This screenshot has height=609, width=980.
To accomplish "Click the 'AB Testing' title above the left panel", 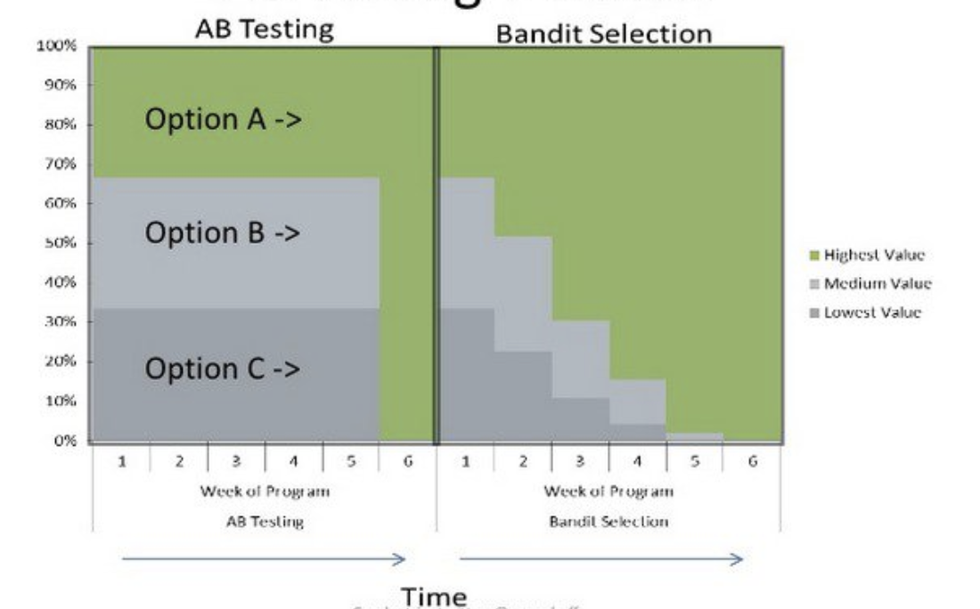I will point(265,28).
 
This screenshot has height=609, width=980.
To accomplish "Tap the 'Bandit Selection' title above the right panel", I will point(604,35).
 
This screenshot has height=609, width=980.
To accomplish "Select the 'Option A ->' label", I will point(223,120).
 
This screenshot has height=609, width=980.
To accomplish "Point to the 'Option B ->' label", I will point(223,233).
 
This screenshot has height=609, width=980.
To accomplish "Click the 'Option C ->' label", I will point(223,369).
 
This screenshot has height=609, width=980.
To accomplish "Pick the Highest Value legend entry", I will point(874,256).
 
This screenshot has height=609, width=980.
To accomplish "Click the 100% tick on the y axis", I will point(56,46).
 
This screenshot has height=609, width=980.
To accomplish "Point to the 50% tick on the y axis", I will point(61,243).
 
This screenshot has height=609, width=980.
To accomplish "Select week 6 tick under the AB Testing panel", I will point(407,461).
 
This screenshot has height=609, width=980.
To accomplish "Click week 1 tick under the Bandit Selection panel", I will point(465,461).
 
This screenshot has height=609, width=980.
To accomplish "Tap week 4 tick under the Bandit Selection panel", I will point(637,461).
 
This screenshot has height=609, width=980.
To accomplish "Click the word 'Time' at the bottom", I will point(434,596).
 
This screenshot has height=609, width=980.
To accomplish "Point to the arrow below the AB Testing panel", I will point(264,559).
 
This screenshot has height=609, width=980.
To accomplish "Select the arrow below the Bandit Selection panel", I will point(600,559).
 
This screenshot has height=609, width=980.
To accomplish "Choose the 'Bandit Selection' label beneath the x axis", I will point(608,522).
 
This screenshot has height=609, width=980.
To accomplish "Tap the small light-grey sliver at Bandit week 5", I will point(694,436).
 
